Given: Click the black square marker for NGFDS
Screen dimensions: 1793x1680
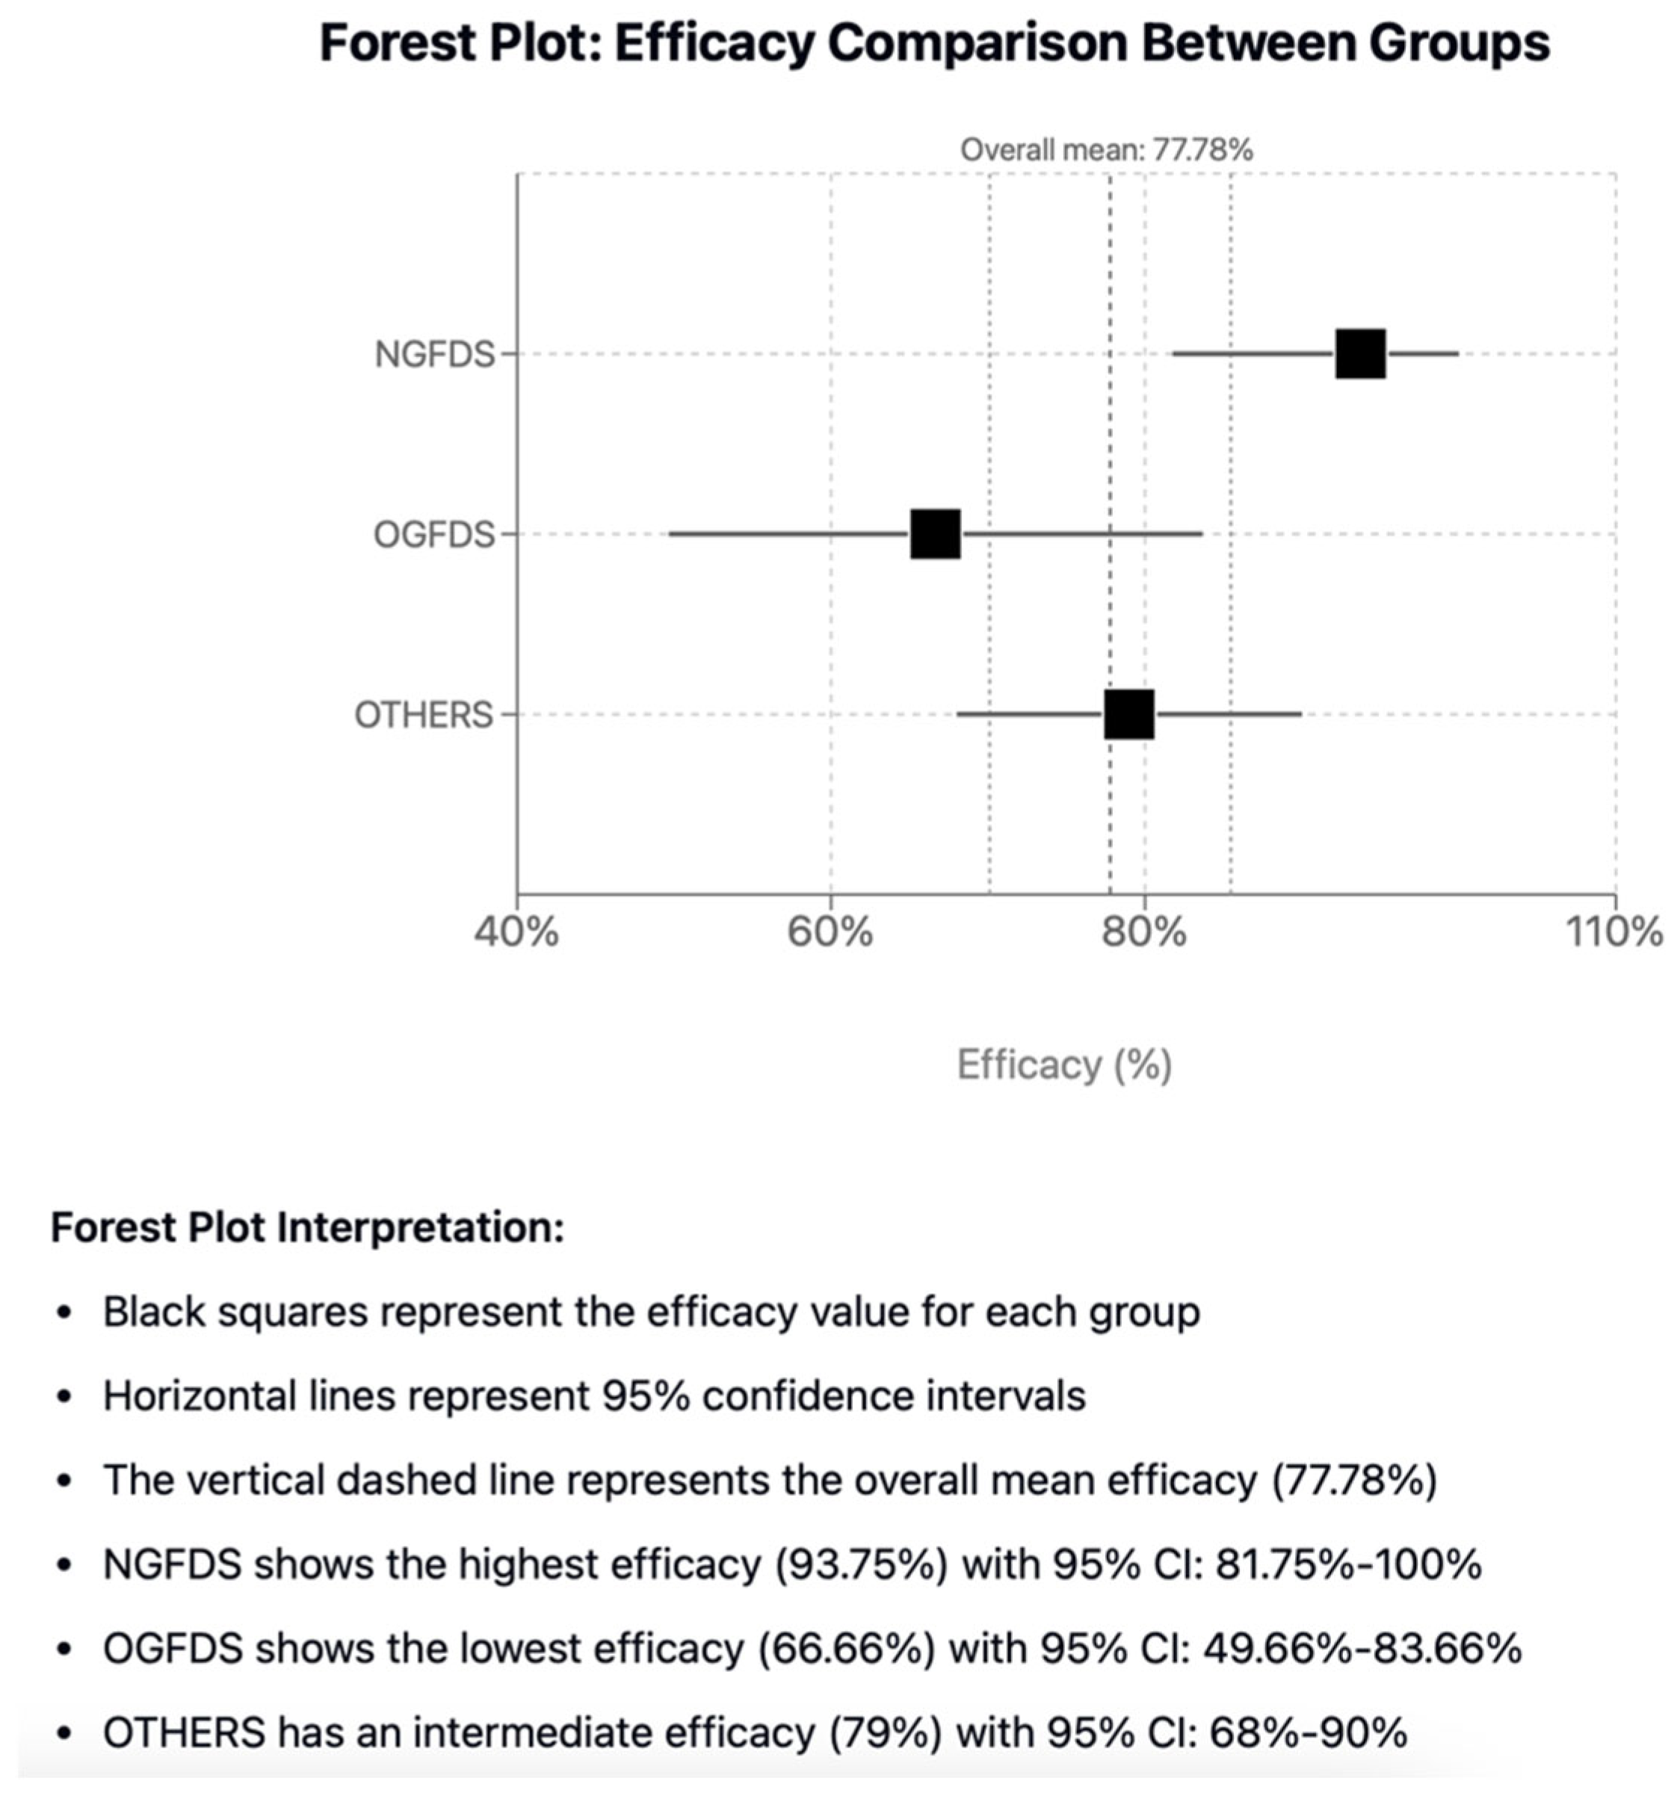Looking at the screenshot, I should coord(1359,353).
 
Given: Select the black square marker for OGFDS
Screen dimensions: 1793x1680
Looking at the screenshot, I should coord(935,534).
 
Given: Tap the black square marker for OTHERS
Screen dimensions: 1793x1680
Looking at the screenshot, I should coord(1128,714).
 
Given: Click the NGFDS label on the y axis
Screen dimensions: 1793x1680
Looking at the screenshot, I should coord(435,354).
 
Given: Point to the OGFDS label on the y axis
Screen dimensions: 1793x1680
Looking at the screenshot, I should coord(434,535).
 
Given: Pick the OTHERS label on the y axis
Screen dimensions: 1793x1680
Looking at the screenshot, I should coord(424,715).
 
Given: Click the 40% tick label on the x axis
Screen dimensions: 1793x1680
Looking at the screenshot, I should coord(516,932).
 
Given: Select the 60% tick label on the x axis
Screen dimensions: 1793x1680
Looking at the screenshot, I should coord(830,932).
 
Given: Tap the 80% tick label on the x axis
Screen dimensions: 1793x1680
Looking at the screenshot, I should coord(1144,932).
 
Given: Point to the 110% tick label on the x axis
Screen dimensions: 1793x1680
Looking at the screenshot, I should coord(1615,932).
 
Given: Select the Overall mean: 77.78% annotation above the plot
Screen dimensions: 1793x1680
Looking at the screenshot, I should coord(1106,149).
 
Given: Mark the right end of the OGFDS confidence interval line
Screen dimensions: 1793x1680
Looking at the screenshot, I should coord(1201,534).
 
